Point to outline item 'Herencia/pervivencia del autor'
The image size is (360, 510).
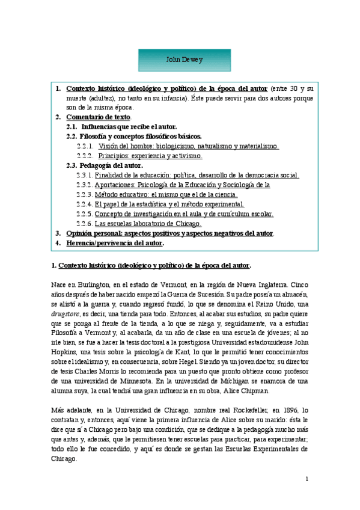pos(115,243)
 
